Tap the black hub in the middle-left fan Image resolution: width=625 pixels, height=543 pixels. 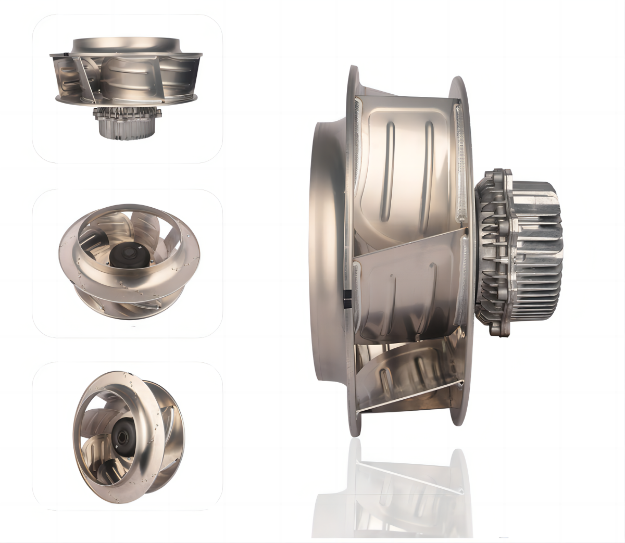tap(127, 256)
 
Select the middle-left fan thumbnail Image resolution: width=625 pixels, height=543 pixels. tap(128, 263)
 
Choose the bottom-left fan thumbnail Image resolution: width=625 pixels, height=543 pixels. tap(128, 436)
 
